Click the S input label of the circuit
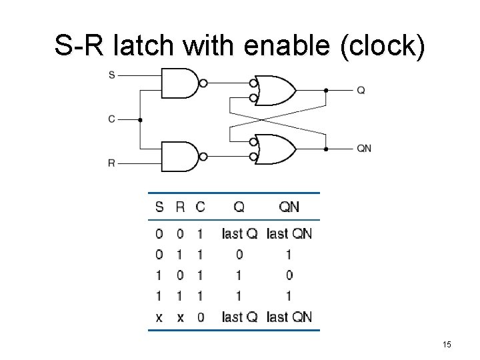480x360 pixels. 111,75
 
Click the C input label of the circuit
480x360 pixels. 111,119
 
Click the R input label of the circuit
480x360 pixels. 111,163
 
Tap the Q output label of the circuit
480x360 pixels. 361,90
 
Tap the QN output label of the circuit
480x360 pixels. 364,149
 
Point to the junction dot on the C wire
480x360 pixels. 140,120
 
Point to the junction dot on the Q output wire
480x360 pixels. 326,90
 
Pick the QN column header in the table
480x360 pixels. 289,207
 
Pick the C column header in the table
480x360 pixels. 201,207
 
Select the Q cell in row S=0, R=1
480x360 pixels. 239,254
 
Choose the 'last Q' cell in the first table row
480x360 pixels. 239,233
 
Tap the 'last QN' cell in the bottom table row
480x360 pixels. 289,317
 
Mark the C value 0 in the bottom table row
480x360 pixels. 201,317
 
